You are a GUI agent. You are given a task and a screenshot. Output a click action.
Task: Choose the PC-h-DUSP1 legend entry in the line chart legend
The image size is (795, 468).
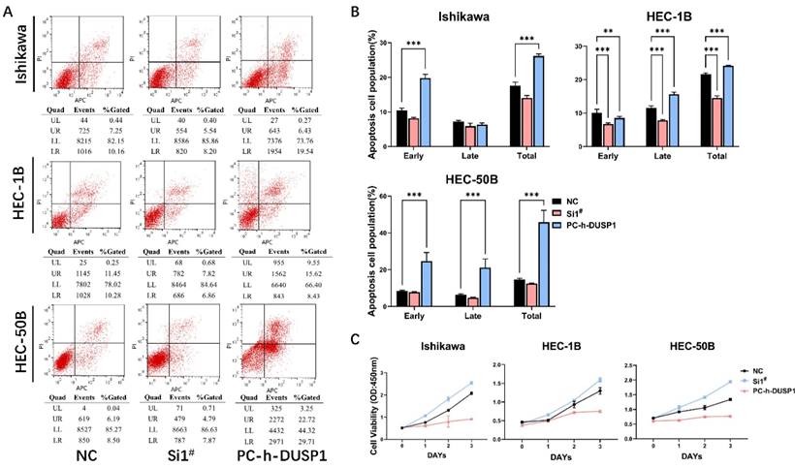758,390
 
